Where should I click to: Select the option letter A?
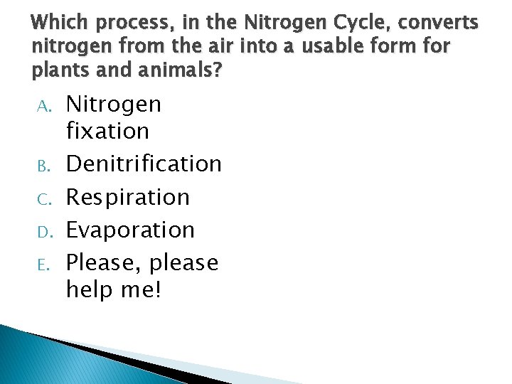[43, 107]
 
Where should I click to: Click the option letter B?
[43, 166]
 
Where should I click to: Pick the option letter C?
[43, 198]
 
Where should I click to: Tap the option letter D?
[43, 232]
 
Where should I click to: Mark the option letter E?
[43, 265]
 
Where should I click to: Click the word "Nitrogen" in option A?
[114, 105]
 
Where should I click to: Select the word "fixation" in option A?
[107, 131]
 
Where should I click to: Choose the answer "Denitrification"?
[144, 164]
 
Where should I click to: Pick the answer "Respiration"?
[128, 197]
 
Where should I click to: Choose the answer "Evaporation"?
[130, 230]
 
